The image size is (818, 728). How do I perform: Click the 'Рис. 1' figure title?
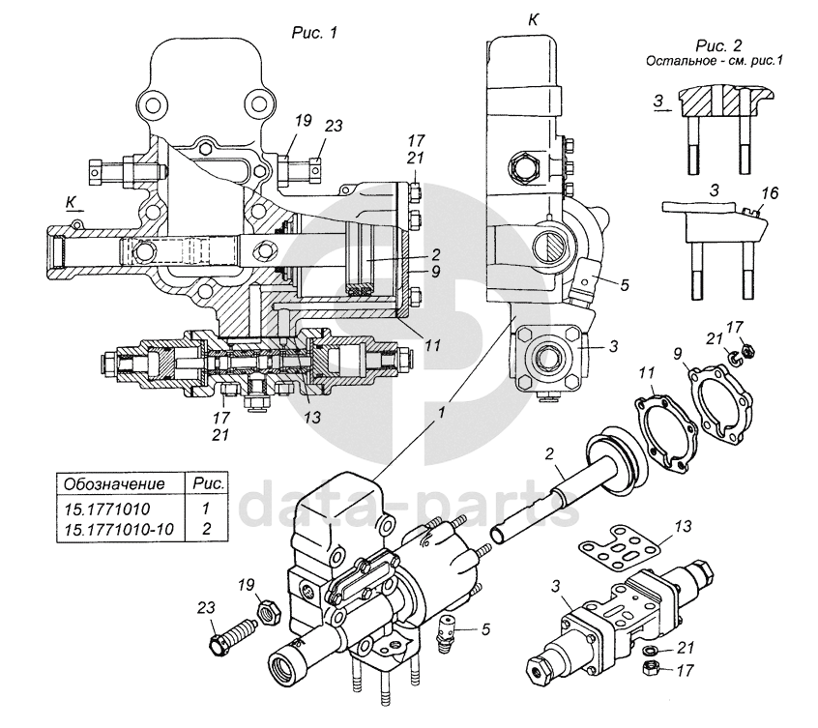(314, 32)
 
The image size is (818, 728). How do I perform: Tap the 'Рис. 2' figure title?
(718, 45)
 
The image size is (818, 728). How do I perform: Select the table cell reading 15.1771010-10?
(118, 529)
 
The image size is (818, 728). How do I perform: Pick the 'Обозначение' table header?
(114, 484)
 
